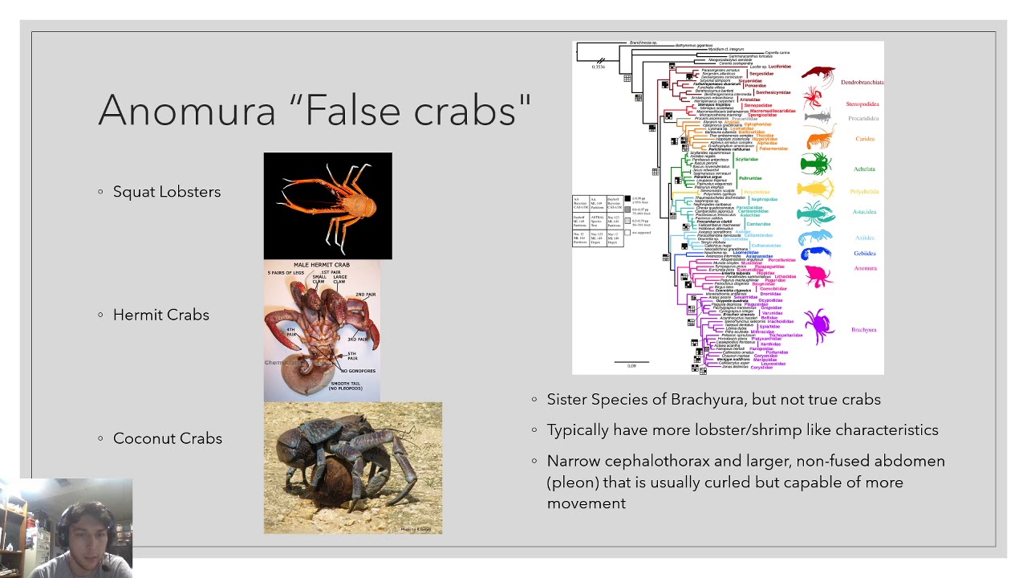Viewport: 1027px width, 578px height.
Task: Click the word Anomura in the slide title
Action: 186,110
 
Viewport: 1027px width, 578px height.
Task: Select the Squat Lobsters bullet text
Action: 166,192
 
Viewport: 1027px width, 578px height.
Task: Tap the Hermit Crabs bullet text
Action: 160,315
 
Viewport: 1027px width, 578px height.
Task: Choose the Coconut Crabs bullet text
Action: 167,438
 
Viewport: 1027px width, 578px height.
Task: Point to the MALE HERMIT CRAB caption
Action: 321,265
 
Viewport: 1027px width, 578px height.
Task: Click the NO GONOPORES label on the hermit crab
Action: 358,371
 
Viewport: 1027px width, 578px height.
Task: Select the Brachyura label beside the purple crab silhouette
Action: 863,330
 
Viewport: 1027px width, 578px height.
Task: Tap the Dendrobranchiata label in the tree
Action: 862,83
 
